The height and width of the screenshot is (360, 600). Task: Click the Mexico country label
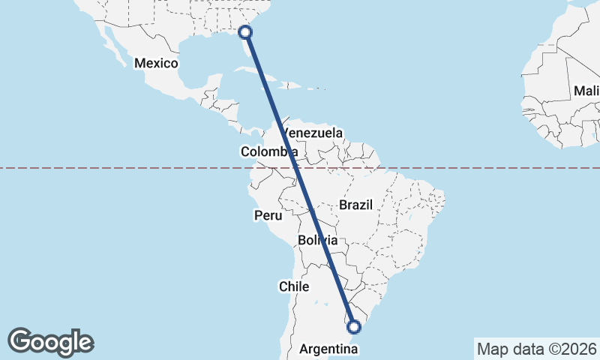156,63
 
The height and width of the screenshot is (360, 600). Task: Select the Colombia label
268,151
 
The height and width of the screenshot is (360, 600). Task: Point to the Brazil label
355,205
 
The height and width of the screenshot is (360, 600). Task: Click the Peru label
268,215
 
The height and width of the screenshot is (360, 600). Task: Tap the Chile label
294,286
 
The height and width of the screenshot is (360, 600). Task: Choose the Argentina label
326,349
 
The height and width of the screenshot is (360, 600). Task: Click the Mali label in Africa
585,91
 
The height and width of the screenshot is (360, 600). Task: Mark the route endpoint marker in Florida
244,31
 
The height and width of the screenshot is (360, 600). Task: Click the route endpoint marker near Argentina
355,326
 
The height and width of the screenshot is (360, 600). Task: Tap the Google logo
50,342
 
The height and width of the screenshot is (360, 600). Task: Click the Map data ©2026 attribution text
536,349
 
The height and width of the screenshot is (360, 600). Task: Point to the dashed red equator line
112,168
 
